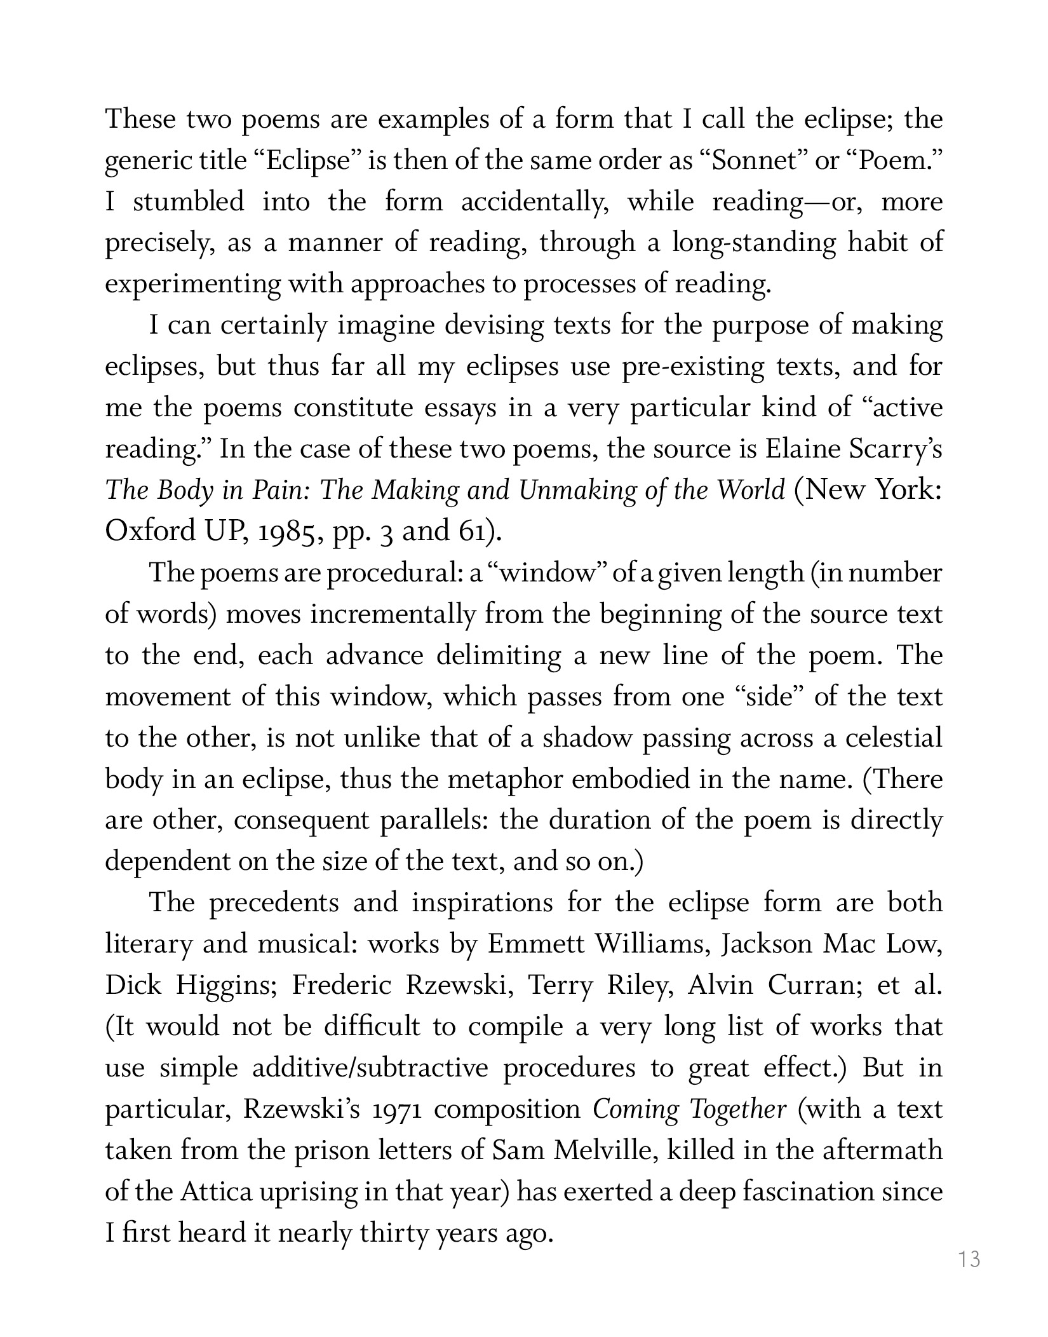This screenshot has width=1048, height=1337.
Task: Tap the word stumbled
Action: pyautogui.click(x=188, y=201)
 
